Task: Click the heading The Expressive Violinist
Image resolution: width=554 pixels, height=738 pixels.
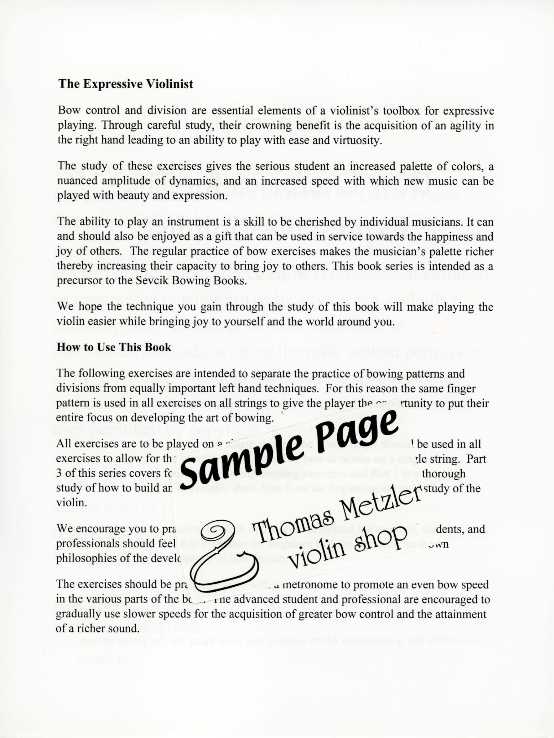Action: coord(126,84)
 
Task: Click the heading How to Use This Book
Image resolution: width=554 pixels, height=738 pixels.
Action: coord(114,347)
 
